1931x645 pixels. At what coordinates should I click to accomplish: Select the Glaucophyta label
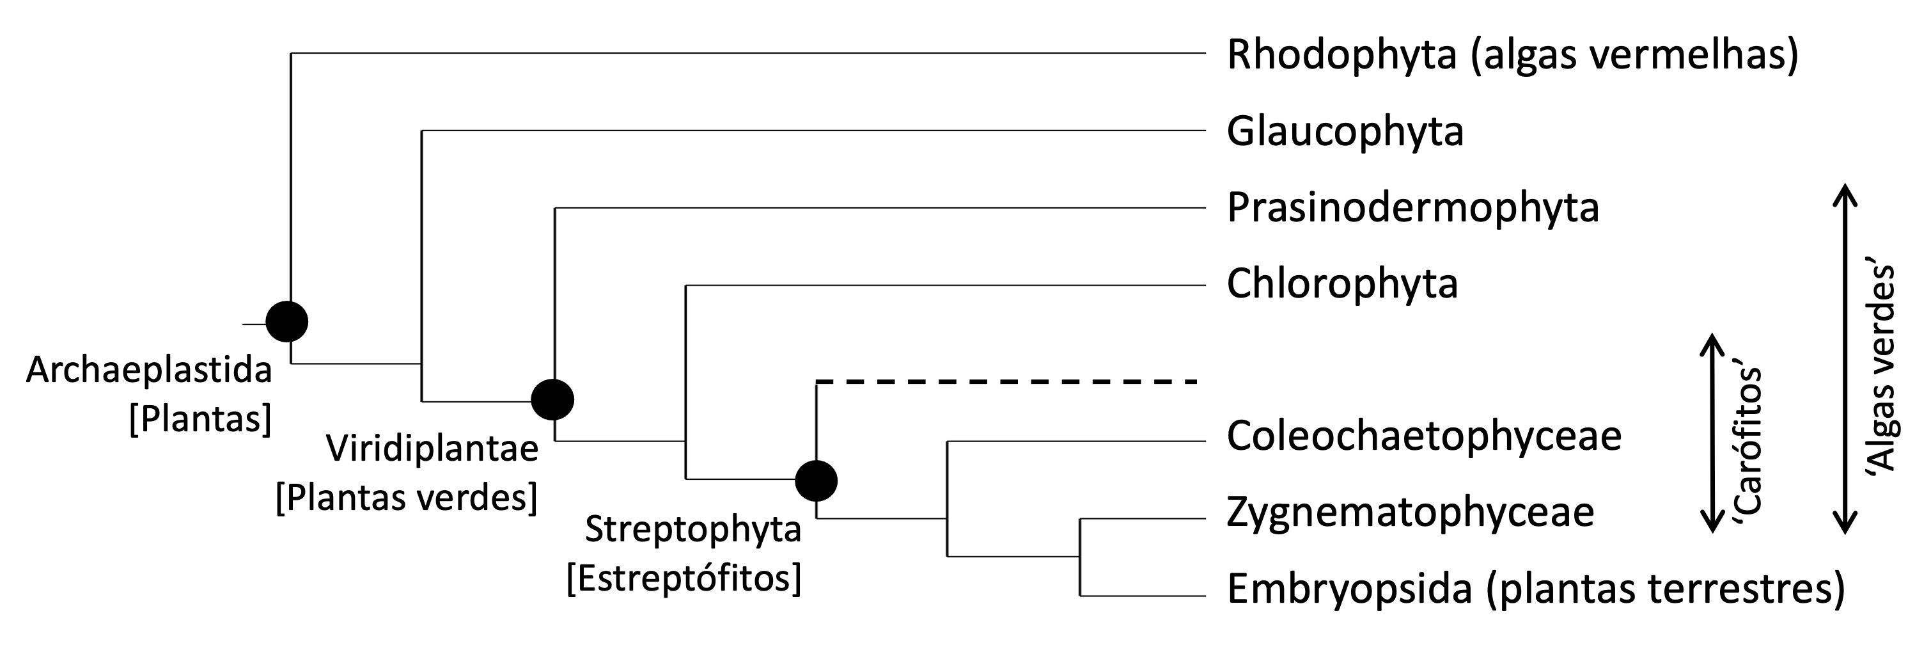[1345, 132]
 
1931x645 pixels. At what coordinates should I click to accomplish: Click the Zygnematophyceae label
[1410, 513]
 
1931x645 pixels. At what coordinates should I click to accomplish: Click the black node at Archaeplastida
[288, 322]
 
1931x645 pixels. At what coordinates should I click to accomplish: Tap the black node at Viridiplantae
[552, 399]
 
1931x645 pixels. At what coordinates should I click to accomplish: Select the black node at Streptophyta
[817, 480]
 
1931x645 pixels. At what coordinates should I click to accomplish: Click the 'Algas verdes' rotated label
[1880, 367]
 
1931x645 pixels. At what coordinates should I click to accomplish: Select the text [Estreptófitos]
[684, 578]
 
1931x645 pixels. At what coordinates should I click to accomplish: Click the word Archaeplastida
[148, 370]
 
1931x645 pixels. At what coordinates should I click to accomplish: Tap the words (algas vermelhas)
[1634, 56]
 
